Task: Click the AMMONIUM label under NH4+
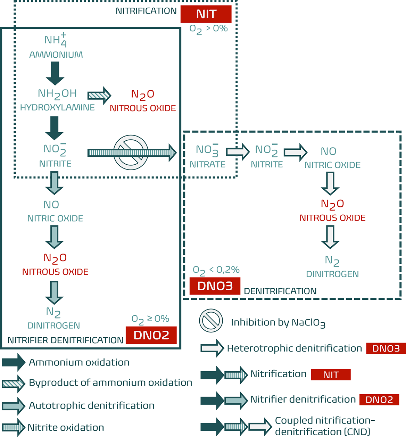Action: (56, 55)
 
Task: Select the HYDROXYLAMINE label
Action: (57, 108)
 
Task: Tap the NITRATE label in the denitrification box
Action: (207, 164)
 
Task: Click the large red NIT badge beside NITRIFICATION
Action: (206, 14)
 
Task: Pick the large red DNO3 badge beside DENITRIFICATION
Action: (215, 286)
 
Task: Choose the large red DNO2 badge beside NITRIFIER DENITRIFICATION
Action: (151, 335)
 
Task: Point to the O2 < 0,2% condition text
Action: (216, 270)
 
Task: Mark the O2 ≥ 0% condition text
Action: (150, 319)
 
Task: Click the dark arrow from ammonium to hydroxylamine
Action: (55, 73)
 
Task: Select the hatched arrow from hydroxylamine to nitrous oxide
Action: (99, 96)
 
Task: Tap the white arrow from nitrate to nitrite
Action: (238, 151)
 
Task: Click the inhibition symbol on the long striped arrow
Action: (131, 152)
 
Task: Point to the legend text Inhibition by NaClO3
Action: (278, 323)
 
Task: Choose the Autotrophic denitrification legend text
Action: (92, 406)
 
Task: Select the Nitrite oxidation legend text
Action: (66, 428)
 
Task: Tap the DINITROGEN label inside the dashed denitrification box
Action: (332, 274)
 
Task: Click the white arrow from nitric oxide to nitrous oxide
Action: (330, 183)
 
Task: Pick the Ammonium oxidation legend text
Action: (79, 363)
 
